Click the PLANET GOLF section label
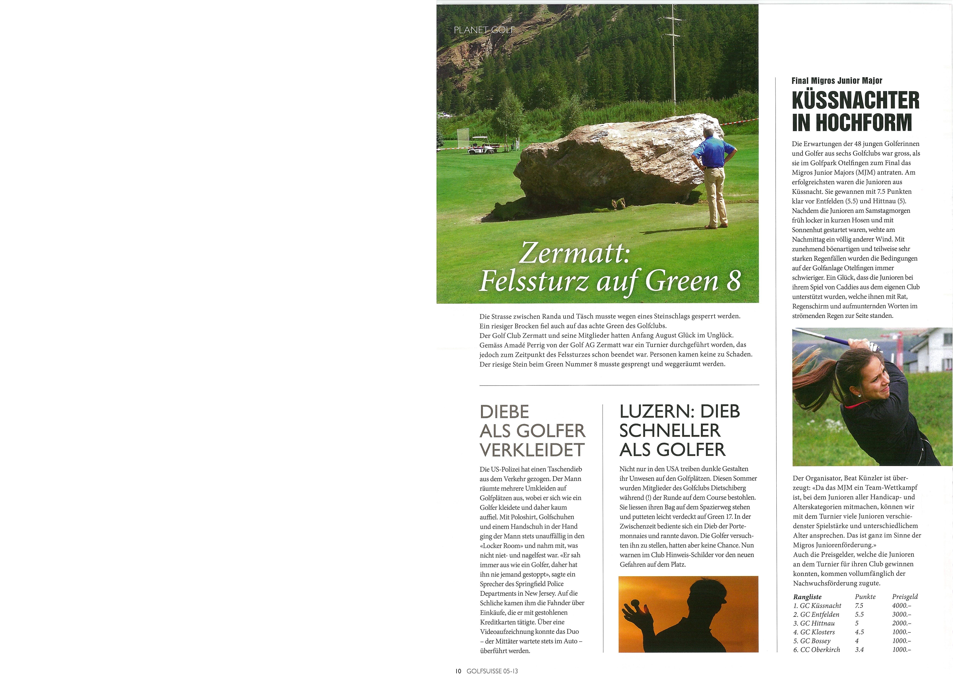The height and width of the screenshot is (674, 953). [484, 30]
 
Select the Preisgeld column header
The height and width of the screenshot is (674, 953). [905, 597]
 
